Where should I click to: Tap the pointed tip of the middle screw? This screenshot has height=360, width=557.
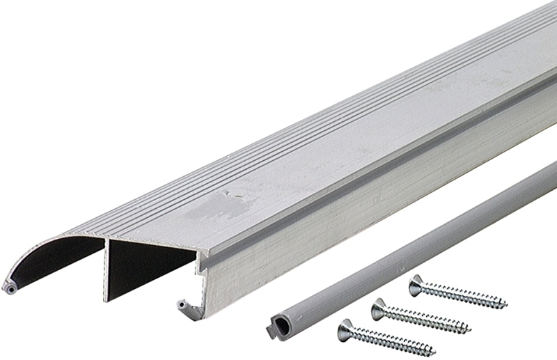(x=470, y=329)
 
